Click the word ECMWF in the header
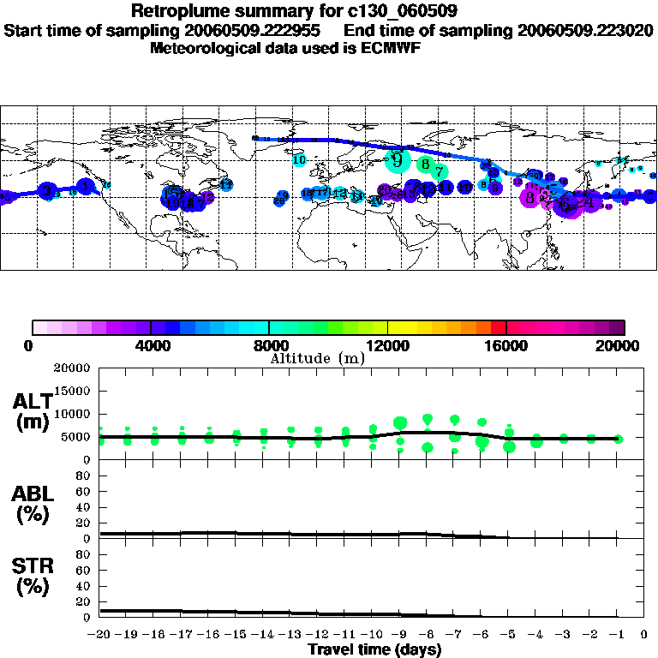(x=392, y=48)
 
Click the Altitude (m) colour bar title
(x=317, y=358)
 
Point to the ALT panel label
(x=33, y=411)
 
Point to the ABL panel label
(x=33, y=504)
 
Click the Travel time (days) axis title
(x=374, y=649)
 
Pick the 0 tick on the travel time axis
(x=644, y=634)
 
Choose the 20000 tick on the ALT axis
(x=74, y=368)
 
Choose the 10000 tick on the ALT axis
(x=74, y=414)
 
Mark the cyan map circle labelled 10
(x=299, y=159)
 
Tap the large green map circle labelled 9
(x=397, y=159)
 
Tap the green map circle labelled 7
(x=439, y=170)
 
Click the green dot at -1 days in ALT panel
(x=618, y=439)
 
